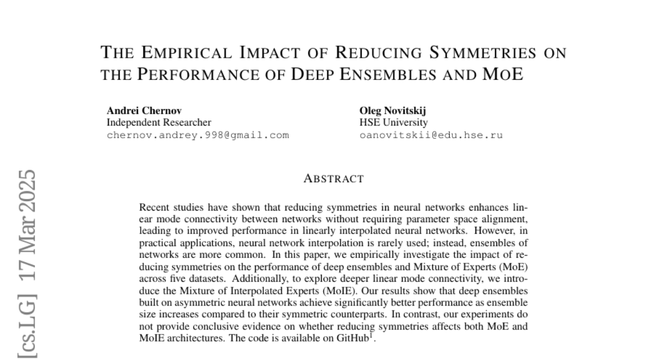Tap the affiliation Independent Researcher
coord(159,122)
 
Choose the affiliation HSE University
coord(394,122)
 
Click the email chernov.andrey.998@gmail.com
coord(197,134)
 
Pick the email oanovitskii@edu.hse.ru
coord(431,134)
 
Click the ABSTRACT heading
coord(333,179)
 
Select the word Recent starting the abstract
coord(153,208)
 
